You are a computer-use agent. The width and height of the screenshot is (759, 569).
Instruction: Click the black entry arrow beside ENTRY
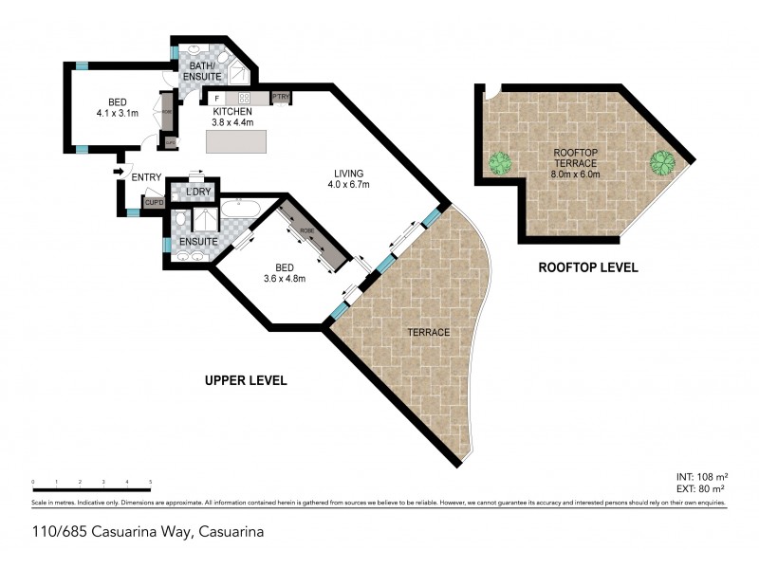(x=117, y=172)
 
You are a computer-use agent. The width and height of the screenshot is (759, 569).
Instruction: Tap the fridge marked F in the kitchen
(x=216, y=98)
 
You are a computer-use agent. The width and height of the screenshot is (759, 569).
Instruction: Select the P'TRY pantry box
(x=280, y=98)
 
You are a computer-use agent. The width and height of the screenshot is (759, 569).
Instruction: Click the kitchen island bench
(x=238, y=140)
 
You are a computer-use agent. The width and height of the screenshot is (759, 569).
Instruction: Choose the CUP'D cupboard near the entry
(x=154, y=201)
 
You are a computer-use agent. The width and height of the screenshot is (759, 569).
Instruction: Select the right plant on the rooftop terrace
(x=661, y=162)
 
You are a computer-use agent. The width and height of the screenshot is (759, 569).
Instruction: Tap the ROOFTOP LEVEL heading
(x=587, y=268)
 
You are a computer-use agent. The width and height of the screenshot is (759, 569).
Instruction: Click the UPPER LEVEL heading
(x=246, y=380)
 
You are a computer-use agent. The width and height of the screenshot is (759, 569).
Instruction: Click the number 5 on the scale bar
(x=151, y=484)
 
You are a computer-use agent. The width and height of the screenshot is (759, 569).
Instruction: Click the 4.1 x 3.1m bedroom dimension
(x=118, y=113)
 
